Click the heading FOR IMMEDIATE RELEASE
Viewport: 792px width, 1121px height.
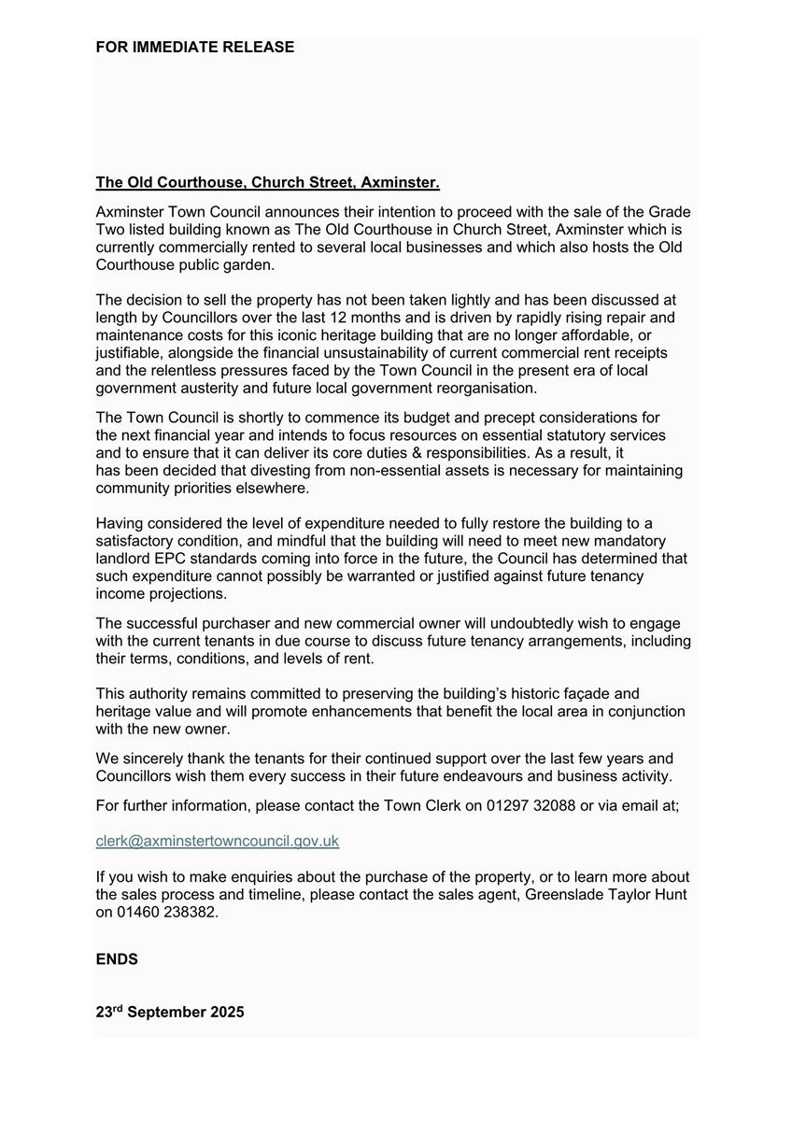pos(194,47)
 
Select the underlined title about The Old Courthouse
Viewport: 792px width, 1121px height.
pos(267,182)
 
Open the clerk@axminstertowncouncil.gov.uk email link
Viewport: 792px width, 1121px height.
pos(217,841)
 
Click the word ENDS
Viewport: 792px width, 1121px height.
pos(117,959)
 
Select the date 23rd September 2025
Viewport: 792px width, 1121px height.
pos(170,1012)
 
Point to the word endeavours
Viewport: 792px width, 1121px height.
pos(453,776)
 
